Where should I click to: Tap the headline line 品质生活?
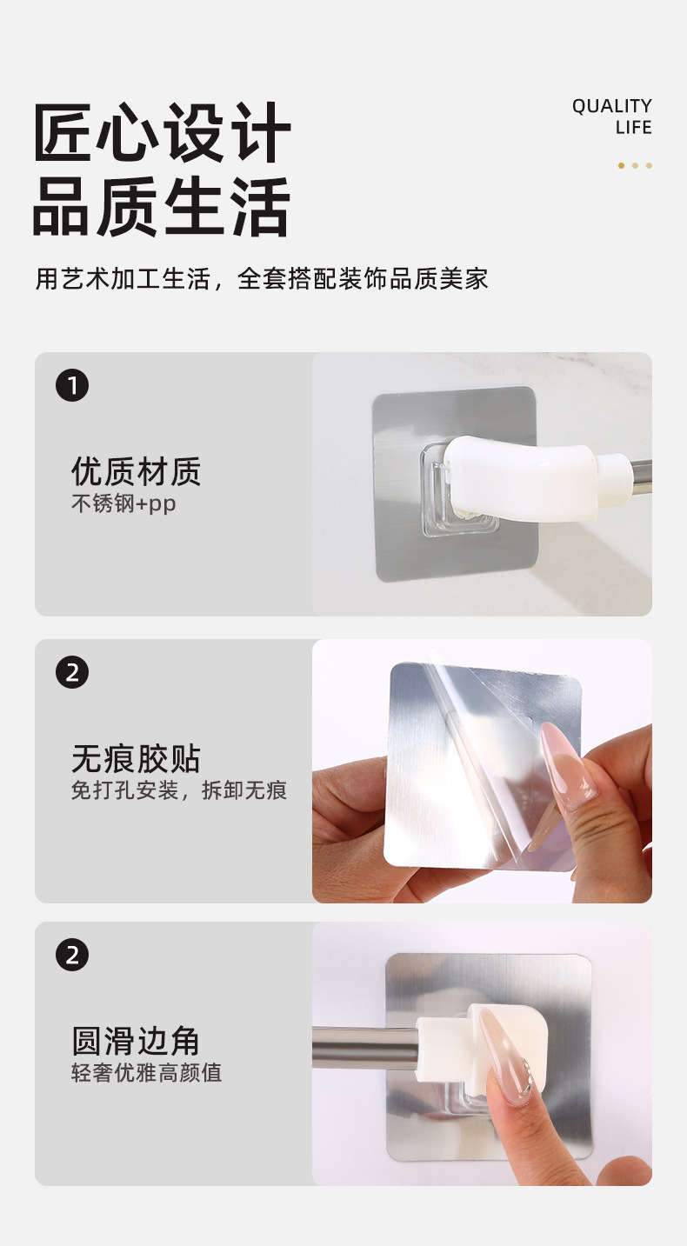pyautogui.click(x=162, y=206)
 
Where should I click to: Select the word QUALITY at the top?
pyautogui.click(x=612, y=106)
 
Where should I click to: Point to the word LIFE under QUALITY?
pyautogui.click(x=634, y=127)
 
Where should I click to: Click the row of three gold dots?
pyautogui.click(x=635, y=165)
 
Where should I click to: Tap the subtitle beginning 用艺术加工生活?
pyautogui.click(x=262, y=278)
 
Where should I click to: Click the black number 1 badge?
pyautogui.click(x=72, y=385)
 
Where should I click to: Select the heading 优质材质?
pyautogui.click(x=136, y=471)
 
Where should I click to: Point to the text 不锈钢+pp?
pyautogui.click(x=123, y=504)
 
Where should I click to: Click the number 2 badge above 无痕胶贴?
pyautogui.click(x=72, y=672)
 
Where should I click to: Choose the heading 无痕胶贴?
pyautogui.click(x=136, y=759)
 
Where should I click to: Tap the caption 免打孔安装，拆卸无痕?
pyautogui.click(x=179, y=790)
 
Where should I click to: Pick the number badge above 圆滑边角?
pyautogui.click(x=72, y=955)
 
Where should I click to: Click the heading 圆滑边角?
pyautogui.click(x=136, y=1042)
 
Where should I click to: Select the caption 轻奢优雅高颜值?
pyautogui.click(x=147, y=1073)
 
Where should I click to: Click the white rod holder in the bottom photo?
pyautogui.click(x=482, y=1046)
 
